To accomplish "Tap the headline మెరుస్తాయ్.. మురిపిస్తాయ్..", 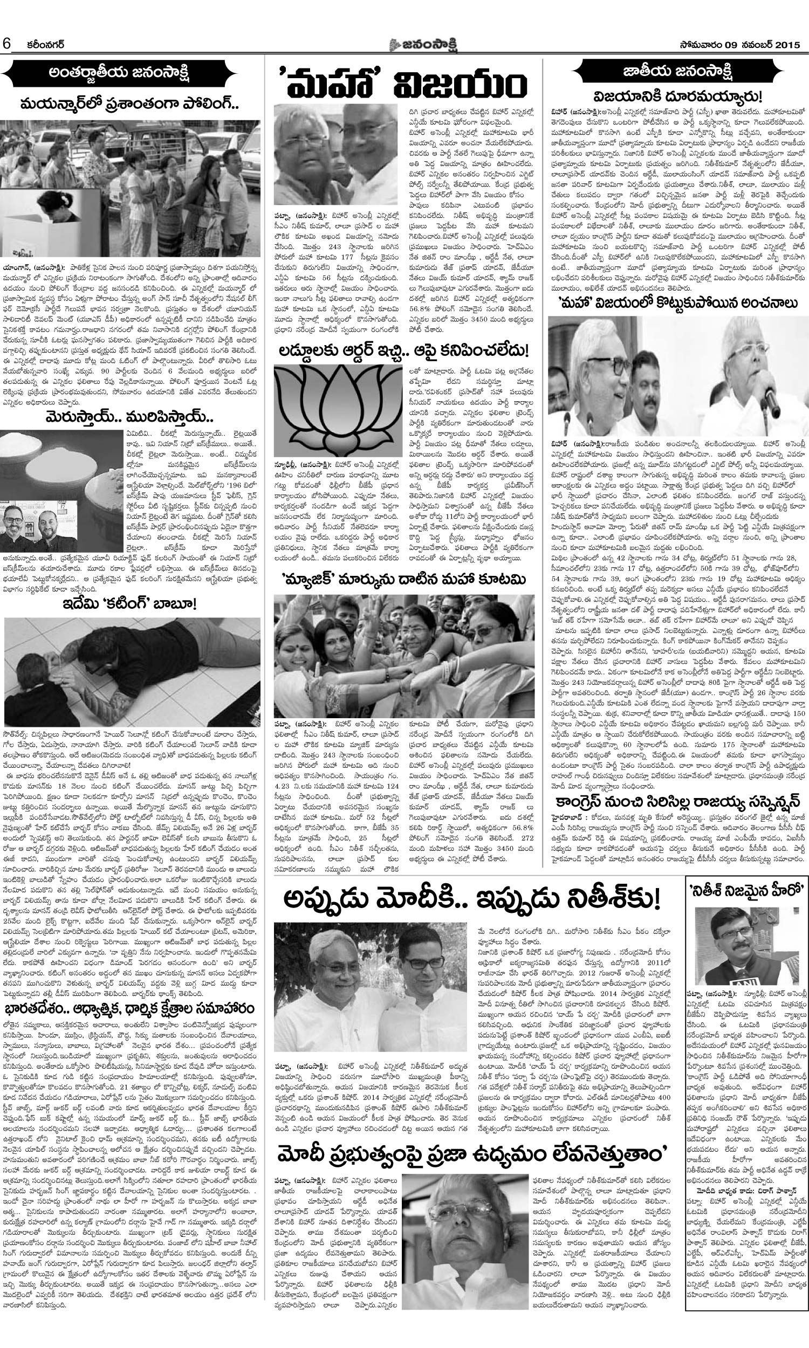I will point(130,418).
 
